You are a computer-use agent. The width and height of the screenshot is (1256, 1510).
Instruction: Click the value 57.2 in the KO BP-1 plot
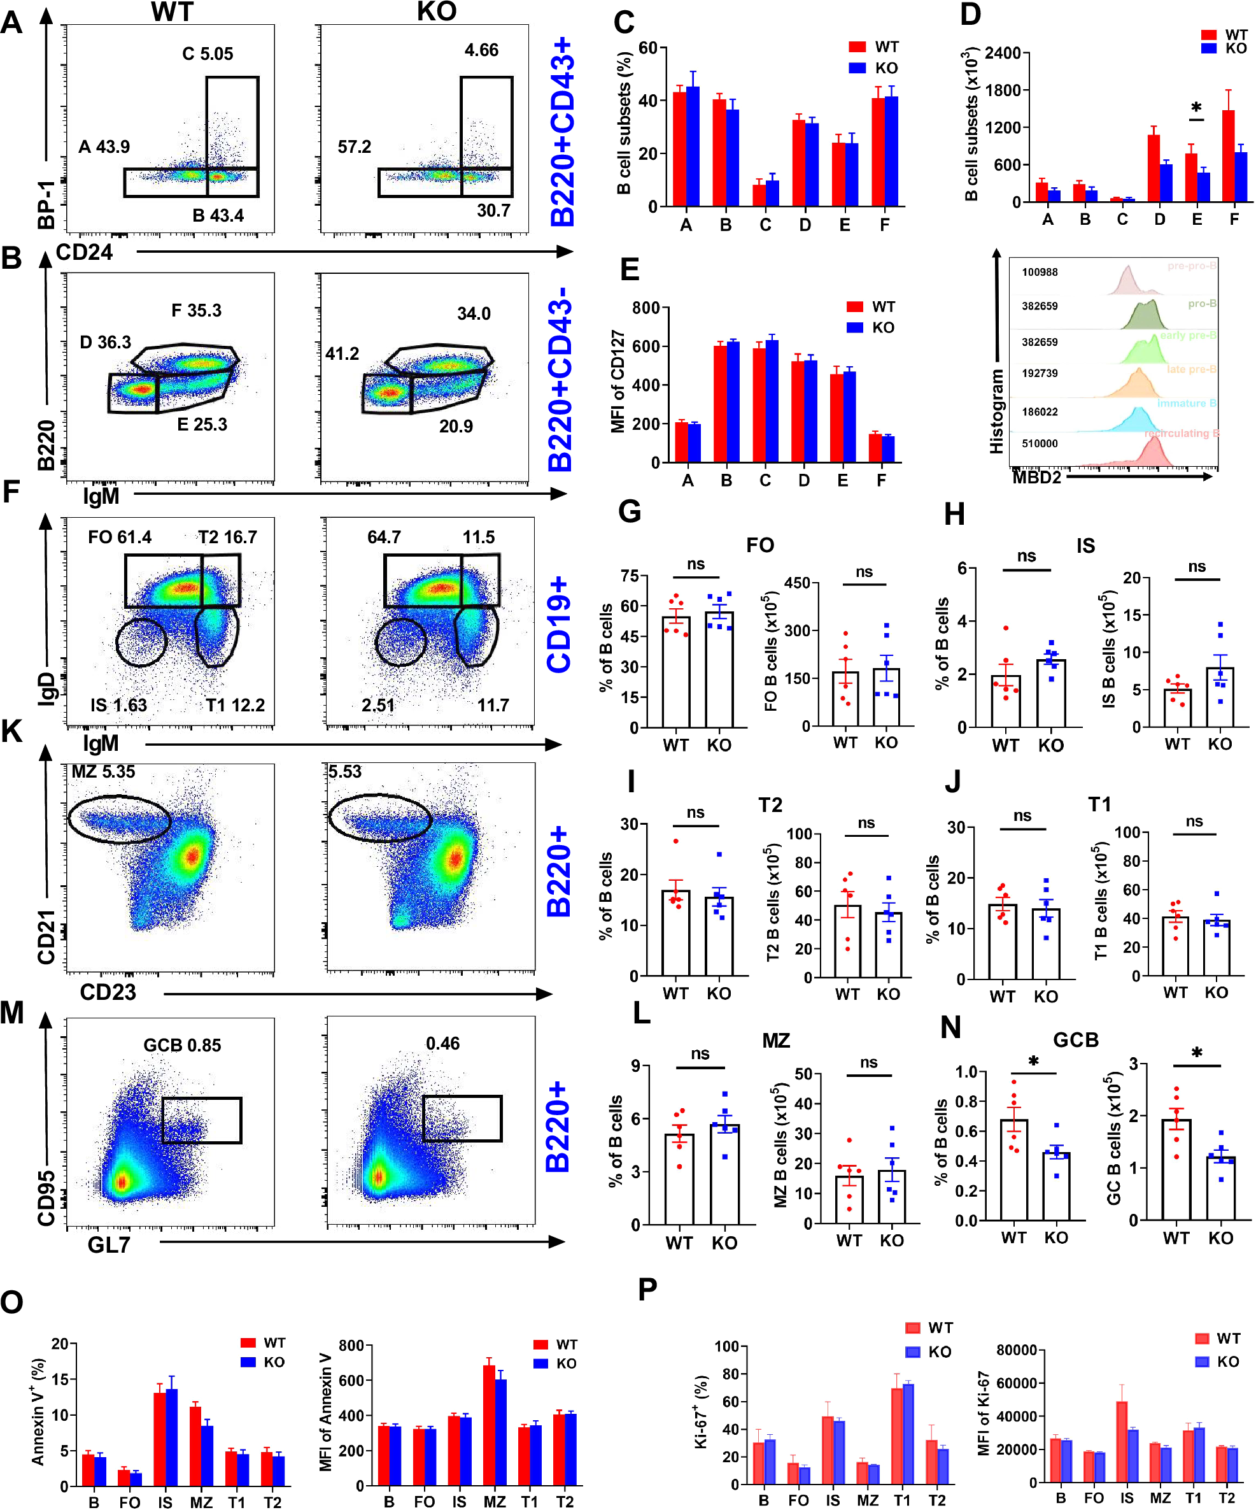pyautogui.click(x=355, y=146)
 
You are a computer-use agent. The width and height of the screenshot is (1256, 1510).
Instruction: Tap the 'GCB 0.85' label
pyautogui.click(x=182, y=1045)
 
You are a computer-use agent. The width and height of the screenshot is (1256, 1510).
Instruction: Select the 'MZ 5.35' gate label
pyautogui.click(x=102, y=771)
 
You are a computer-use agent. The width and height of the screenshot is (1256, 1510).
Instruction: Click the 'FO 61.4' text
pyautogui.click(x=119, y=537)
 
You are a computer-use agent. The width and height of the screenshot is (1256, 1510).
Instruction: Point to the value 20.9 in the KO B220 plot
pyautogui.click(x=456, y=427)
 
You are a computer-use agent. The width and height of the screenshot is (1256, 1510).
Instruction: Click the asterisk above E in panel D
pyautogui.click(x=1196, y=108)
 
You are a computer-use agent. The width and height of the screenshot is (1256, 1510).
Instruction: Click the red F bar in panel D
pyautogui.click(x=1228, y=155)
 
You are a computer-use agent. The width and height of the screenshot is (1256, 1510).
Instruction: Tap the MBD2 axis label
pyautogui.click(x=1037, y=477)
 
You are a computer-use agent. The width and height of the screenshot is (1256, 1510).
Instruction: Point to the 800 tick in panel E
pyautogui.click(x=646, y=308)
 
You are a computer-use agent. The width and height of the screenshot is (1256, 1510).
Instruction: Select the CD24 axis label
pyautogui.click(x=84, y=252)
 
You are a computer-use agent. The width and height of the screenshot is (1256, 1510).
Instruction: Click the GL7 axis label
pyautogui.click(x=109, y=1244)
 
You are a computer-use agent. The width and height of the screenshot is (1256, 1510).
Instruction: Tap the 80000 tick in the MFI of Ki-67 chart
pyautogui.click(x=1017, y=1350)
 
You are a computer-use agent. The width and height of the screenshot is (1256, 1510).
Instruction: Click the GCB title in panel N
pyautogui.click(x=1076, y=1040)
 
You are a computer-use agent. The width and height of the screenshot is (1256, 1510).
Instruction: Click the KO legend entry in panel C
pyautogui.click(x=874, y=68)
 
